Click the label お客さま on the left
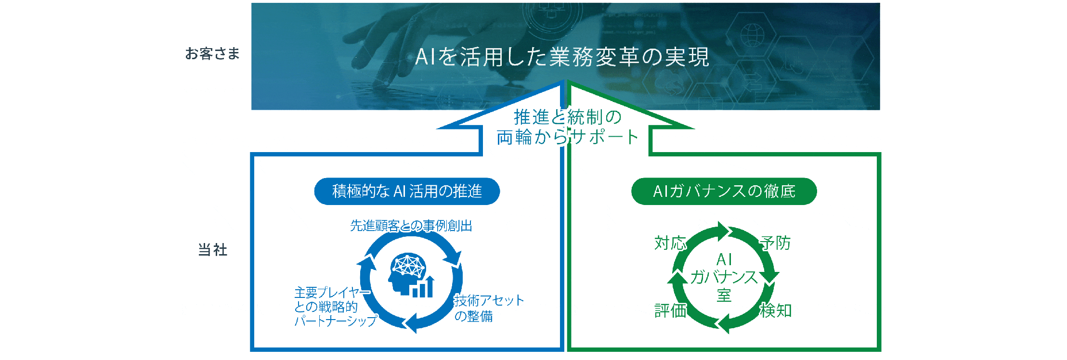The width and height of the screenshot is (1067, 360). (x=212, y=53)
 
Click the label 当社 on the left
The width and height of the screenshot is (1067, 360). (x=213, y=250)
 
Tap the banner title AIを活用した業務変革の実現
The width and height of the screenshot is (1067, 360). (x=562, y=57)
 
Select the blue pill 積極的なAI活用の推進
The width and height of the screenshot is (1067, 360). (x=407, y=191)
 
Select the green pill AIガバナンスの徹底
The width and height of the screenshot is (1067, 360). (x=724, y=191)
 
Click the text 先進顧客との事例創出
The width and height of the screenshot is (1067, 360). (x=411, y=226)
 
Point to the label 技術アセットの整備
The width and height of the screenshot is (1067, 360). (x=489, y=308)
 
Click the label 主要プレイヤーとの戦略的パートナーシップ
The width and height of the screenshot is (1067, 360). (x=335, y=307)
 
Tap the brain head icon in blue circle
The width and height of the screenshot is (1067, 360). (x=407, y=273)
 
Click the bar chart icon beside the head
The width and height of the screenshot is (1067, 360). (x=423, y=287)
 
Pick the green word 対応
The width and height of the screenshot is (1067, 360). (x=670, y=243)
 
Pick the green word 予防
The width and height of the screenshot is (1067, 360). (x=776, y=243)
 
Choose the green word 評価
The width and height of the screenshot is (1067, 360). (x=670, y=310)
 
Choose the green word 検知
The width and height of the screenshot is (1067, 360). (x=776, y=310)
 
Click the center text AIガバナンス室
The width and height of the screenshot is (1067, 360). (x=724, y=277)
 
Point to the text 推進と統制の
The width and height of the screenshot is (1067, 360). (x=568, y=117)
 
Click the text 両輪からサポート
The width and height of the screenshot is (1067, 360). (x=568, y=137)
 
